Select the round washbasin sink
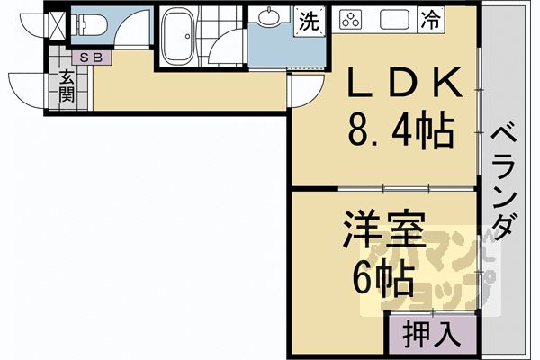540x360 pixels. click(269, 18)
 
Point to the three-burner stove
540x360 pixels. click(349, 19)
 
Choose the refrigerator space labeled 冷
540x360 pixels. click(431, 19)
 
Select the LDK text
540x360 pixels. click(405, 84)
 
